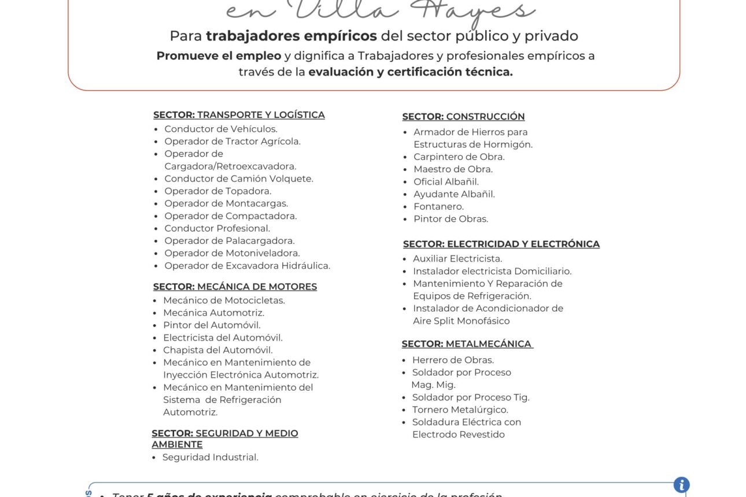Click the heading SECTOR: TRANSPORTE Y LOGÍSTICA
click(x=239, y=115)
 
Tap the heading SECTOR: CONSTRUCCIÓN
click(x=463, y=117)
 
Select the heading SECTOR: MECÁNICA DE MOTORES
click(x=235, y=287)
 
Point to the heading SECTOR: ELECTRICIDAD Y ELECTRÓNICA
click(x=501, y=244)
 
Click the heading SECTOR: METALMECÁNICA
click(x=467, y=344)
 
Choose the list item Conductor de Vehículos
click(x=220, y=129)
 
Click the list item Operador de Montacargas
click(x=226, y=203)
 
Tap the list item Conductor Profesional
click(x=217, y=228)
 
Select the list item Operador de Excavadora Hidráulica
click(x=247, y=266)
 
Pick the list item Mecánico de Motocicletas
click(x=224, y=301)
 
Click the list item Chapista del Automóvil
click(x=217, y=350)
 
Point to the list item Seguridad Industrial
click(x=210, y=458)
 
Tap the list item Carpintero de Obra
click(x=459, y=157)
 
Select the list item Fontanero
click(x=438, y=206)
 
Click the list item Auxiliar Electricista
click(x=457, y=259)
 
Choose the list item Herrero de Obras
click(x=453, y=360)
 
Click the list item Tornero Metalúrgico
click(x=460, y=410)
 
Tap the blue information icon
click(x=681, y=485)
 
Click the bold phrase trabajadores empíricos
click(x=291, y=36)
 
